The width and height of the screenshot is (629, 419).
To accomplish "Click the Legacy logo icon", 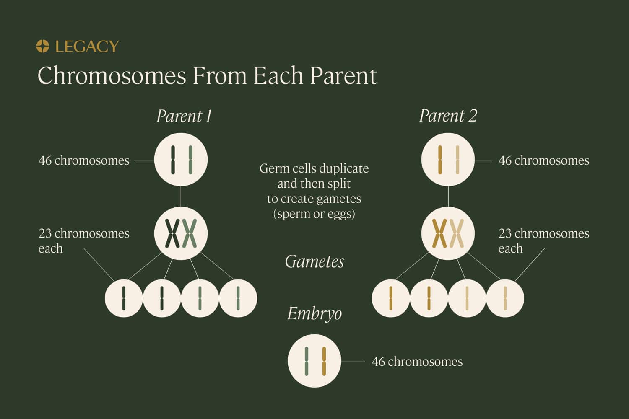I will (43, 46).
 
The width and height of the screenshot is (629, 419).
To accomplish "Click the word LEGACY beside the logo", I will (87, 46).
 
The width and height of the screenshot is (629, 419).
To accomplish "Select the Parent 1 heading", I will (184, 116).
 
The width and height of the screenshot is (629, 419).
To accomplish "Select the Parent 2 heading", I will (448, 116).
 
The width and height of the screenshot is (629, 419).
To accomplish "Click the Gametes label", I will (314, 262).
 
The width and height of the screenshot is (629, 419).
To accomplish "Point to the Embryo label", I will (314, 314).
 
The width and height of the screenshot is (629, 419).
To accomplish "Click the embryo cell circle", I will (314, 361).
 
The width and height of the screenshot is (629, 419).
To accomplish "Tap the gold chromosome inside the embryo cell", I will (324, 361).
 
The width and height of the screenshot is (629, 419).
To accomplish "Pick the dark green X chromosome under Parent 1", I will (172, 233).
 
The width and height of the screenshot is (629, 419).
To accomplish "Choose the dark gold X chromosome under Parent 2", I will (439, 233).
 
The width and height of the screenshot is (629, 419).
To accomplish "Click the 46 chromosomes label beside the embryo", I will (417, 362).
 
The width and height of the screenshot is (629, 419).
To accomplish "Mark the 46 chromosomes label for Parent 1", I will (84, 160).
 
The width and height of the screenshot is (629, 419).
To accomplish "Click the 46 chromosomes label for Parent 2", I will (543, 160).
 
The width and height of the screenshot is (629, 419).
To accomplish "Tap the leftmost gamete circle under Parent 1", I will (124, 298).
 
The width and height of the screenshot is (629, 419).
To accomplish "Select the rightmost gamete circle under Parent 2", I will (505, 298).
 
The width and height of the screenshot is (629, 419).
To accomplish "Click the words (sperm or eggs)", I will (314, 214).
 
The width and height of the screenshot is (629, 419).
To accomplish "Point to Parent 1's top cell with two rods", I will (181, 160).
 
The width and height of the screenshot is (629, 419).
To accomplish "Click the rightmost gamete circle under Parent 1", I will (238, 298).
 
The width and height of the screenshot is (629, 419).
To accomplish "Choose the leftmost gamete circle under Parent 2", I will (390, 298).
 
